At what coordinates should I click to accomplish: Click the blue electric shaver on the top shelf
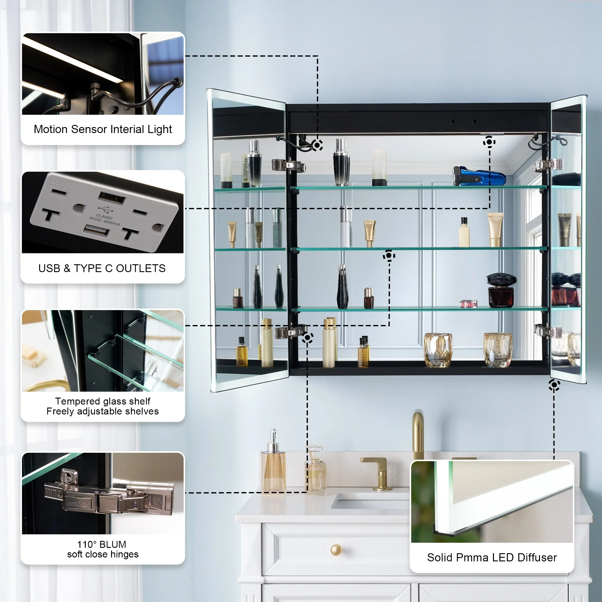[478, 177]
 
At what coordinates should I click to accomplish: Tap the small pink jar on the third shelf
[468, 303]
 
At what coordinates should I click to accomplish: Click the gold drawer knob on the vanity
[336, 550]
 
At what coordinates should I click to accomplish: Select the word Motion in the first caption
[51, 129]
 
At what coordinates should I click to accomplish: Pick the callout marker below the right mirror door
[554, 385]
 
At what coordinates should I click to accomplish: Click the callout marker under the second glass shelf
[389, 256]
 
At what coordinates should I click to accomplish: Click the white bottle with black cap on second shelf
[464, 233]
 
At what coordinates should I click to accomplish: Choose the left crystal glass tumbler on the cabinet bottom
[438, 350]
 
